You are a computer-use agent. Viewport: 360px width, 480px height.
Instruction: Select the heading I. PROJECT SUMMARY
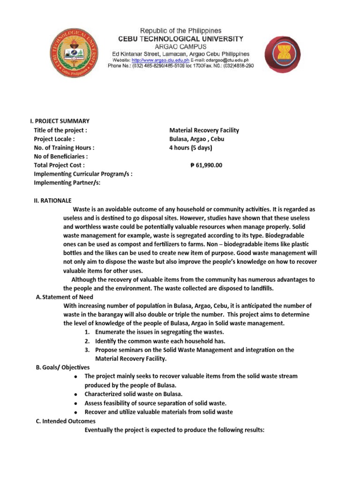[60, 121]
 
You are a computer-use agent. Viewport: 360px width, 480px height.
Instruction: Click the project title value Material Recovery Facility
[204, 130]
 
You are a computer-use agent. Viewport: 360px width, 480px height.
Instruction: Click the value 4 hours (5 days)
[191, 148]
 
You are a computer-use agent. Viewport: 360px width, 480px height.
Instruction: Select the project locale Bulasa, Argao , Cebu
[197, 139]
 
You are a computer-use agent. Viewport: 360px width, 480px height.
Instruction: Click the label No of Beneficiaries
[61, 157]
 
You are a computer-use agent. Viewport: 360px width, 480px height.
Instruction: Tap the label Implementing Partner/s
[67, 183]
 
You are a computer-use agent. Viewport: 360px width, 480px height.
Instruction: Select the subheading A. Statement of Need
[65, 297]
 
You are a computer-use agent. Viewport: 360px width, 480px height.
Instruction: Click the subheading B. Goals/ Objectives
[63, 367]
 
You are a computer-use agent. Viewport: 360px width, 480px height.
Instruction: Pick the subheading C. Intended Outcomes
[66, 421]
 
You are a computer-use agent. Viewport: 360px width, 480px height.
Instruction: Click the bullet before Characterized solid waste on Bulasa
[76, 395]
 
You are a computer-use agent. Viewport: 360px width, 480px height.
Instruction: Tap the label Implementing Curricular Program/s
[83, 174]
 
